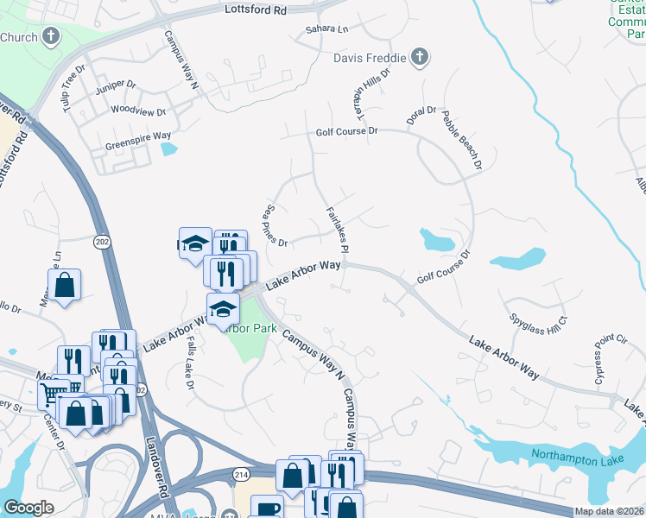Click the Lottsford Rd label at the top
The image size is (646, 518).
pyautogui.click(x=256, y=8)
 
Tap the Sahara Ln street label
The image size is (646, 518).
pyautogui.click(x=326, y=29)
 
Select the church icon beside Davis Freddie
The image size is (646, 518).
pyautogui.click(x=420, y=57)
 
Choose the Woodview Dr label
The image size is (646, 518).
pyautogui.click(x=138, y=111)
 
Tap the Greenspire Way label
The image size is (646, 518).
pyautogui.click(x=138, y=136)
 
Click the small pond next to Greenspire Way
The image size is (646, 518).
pyautogui.click(x=168, y=148)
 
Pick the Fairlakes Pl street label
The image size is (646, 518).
pyautogui.click(x=337, y=229)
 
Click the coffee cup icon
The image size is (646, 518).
pyautogui.click(x=269, y=509)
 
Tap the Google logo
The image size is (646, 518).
pyautogui.click(x=28, y=508)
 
